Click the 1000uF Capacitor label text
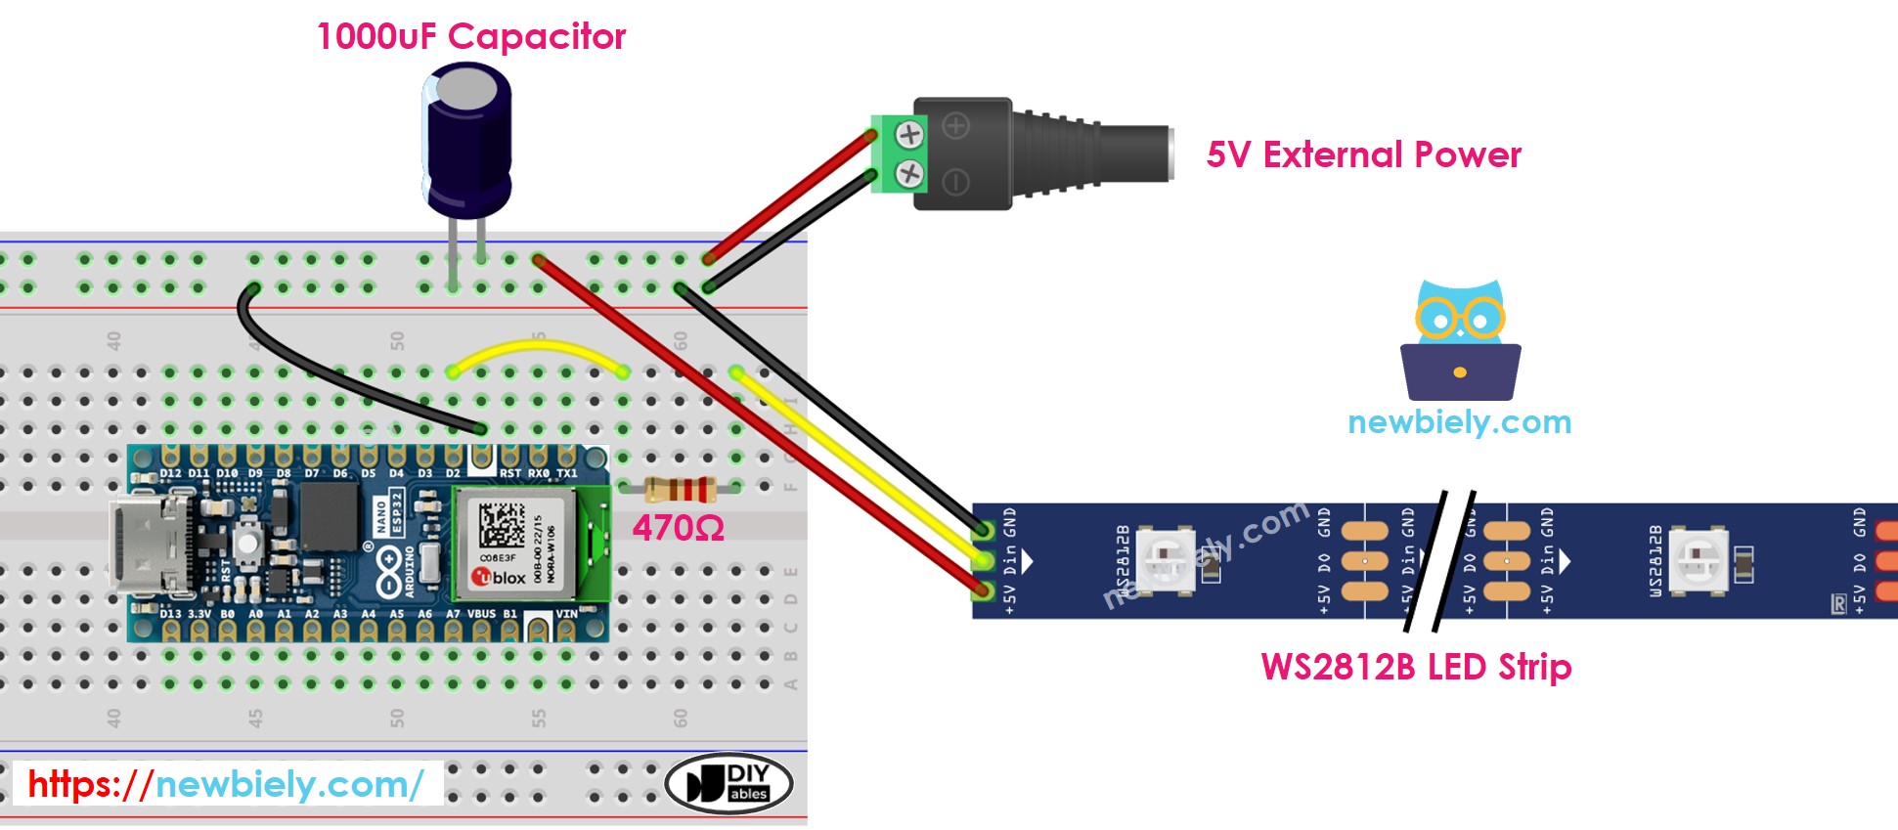coord(470,37)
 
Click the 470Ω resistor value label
coord(678,529)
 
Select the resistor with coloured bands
coord(681,489)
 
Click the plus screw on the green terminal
coord(909,134)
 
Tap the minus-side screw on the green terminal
coord(909,174)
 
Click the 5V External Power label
coord(1363,154)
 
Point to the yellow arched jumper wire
coord(538,347)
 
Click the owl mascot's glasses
coord(1459,319)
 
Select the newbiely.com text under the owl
coord(1459,422)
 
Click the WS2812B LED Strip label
coord(1415,667)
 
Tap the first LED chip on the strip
coord(1165,560)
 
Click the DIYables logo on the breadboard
coord(728,783)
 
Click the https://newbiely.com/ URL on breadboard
coord(226,784)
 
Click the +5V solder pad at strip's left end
coord(983,590)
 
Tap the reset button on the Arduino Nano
coord(249,541)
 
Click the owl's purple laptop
coord(1460,371)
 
